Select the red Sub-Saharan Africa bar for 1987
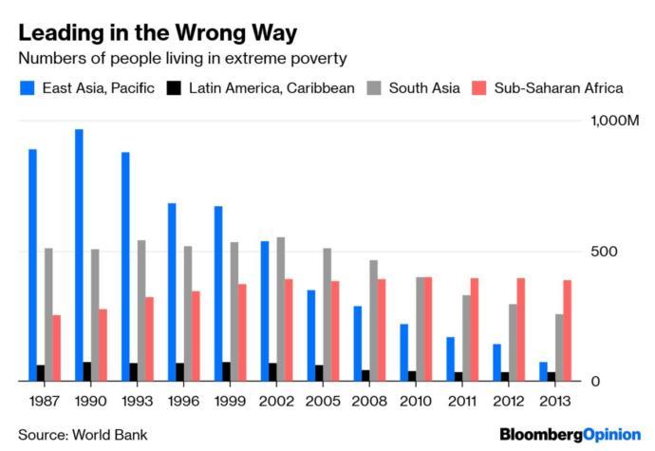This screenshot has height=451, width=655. (56, 348)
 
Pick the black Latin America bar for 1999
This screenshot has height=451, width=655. (226, 371)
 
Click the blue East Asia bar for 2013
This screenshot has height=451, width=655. (543, 371)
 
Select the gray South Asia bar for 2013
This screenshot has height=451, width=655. (559, 348)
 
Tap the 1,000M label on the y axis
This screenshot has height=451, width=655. (615, 122)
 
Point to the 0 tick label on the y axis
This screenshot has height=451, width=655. (595, 382)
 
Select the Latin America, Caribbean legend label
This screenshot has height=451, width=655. (271, 88)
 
